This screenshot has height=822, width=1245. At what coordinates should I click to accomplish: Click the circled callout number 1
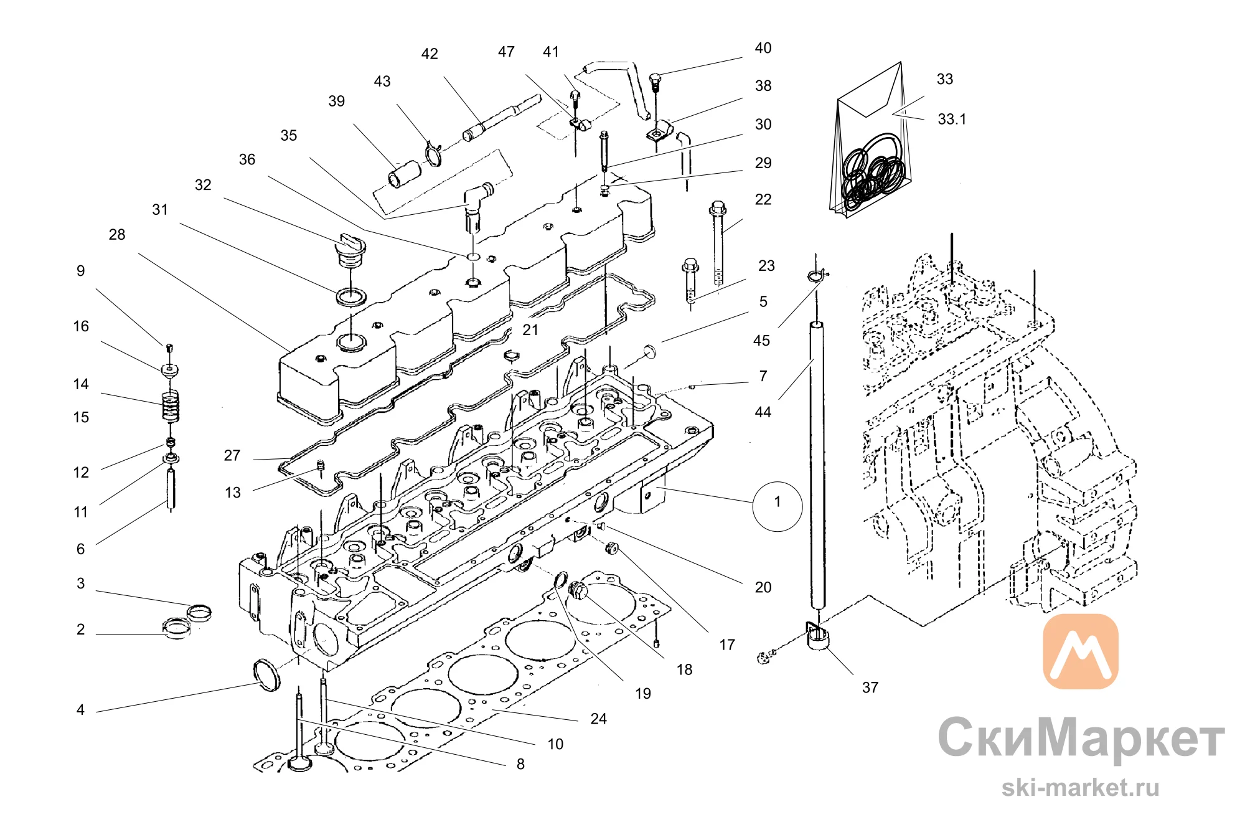[x=777, y=506]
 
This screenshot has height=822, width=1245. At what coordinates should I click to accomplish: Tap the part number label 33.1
[x=952, y=120]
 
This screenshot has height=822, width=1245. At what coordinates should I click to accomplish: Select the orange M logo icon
[x=1080, y=651]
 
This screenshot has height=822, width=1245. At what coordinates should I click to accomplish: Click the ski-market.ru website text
[x=1080, y=788]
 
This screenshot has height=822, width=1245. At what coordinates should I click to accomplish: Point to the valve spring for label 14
[x=170, y=406]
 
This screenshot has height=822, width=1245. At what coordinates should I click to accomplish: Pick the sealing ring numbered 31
[x=351, y=297]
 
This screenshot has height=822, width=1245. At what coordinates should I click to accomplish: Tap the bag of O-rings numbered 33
[x=870, y=140]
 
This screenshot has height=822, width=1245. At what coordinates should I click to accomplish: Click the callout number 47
[x=506, y=52]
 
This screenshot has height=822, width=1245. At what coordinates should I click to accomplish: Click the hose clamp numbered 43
[x=433, y=153]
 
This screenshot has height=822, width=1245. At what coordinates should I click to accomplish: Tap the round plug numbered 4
[x=266, y=674]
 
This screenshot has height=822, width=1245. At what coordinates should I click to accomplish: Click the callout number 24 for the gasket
[x=598, y=719]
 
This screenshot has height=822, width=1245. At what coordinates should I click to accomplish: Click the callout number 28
[x=117, y=235]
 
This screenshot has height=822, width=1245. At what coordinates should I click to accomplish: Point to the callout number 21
[x=530, y=329]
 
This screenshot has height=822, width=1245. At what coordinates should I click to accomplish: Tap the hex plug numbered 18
[x=578, y=589]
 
